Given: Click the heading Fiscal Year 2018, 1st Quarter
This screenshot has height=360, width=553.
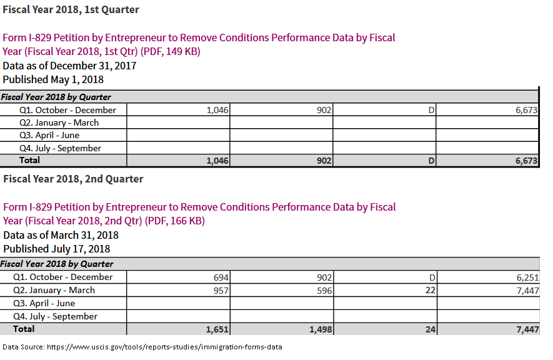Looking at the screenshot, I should pos(71,9).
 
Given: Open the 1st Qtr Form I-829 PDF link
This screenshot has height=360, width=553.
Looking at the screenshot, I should pos(199,44).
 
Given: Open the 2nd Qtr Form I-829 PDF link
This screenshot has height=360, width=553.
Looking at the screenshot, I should pos(199,214).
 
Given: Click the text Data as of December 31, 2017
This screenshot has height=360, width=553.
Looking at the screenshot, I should pos(69,66).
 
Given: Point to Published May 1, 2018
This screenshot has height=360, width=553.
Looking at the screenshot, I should pos(53,79).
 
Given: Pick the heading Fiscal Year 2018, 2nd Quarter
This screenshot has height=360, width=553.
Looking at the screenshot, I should pos(73,179).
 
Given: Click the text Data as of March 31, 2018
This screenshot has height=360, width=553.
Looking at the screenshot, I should pos(61,235).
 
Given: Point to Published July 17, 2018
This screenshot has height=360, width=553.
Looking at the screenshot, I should pos(56,249).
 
